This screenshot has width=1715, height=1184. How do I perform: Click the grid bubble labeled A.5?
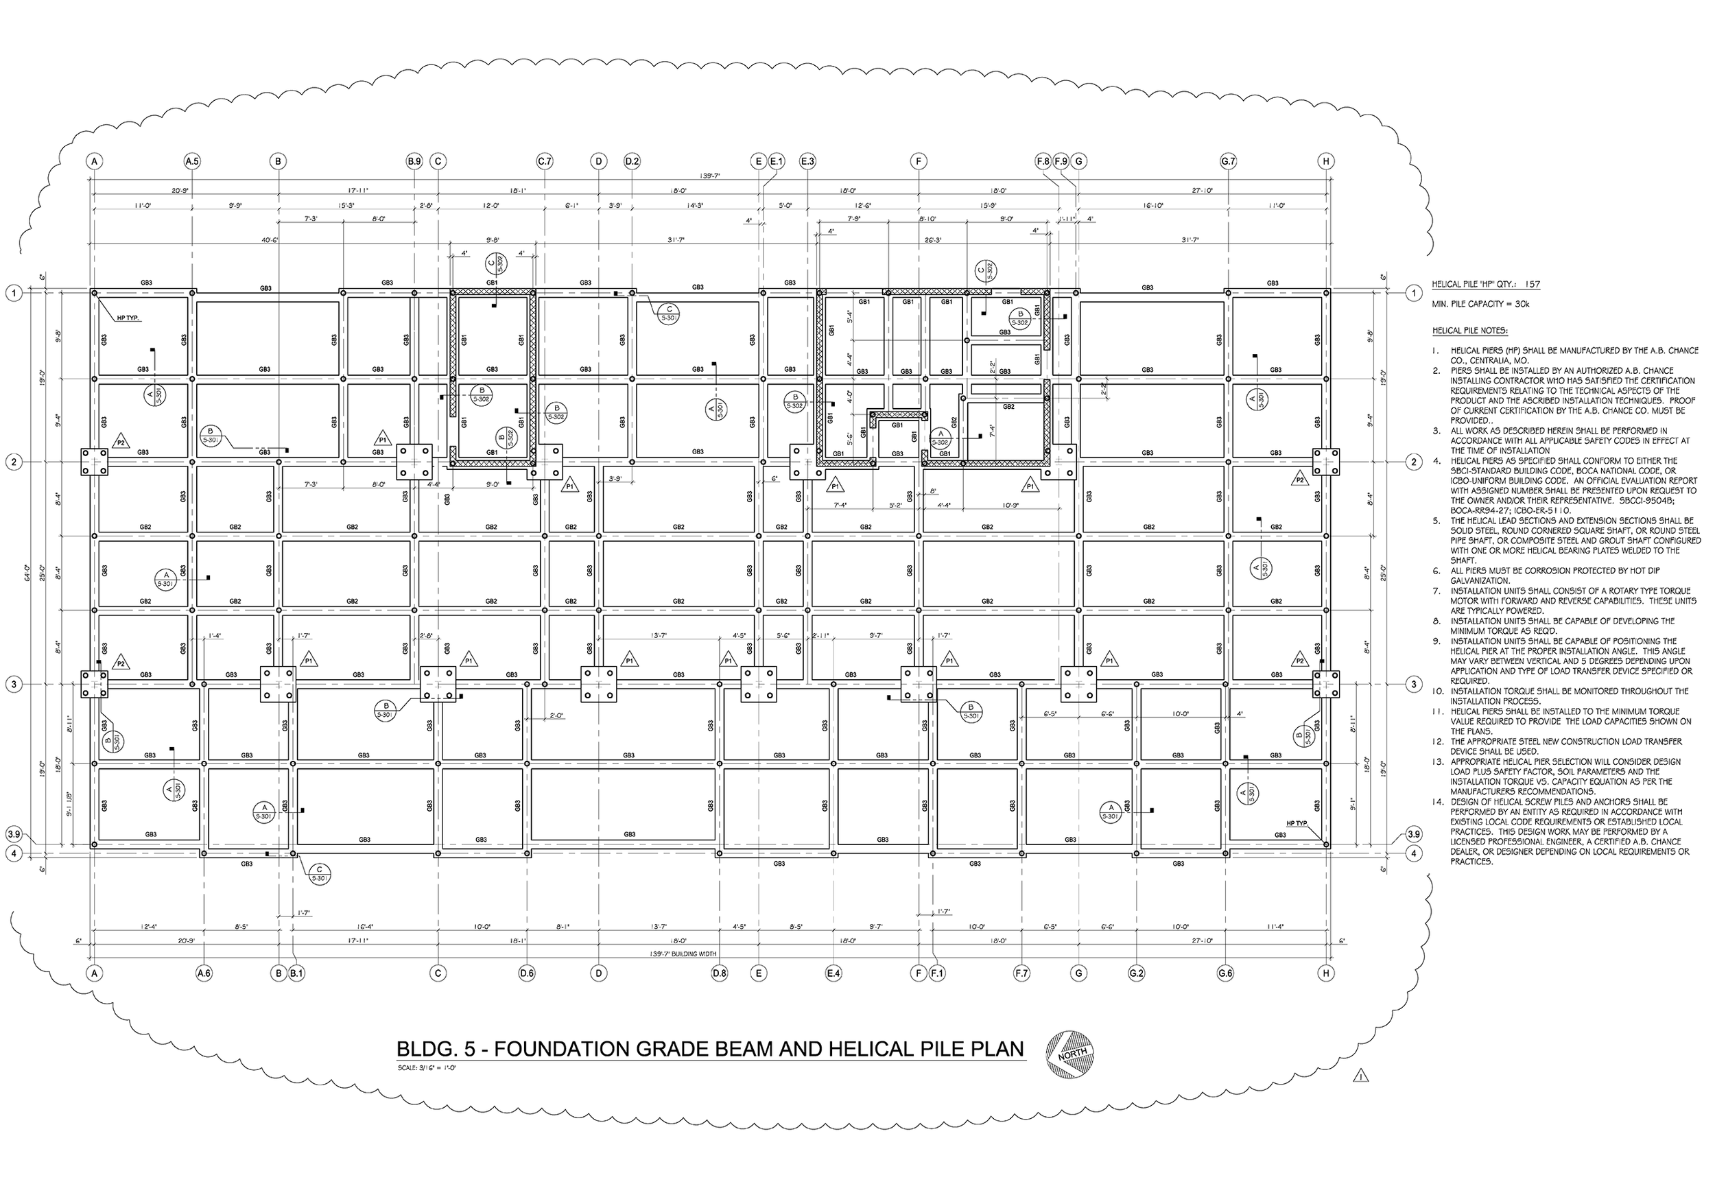(192, 161)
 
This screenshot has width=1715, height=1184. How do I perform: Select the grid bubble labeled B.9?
(414, 161)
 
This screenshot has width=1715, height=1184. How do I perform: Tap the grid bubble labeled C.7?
(545, 161)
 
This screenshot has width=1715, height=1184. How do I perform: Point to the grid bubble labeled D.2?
(632, 161)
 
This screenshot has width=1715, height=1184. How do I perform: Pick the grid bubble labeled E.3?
(808, 161)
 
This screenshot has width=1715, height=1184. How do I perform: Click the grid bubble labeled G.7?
(1229, 161)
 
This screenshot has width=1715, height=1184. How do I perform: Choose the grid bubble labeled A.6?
(204, 973)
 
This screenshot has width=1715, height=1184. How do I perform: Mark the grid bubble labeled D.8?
(719, 973)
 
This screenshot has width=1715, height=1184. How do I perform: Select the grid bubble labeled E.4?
(833, 973)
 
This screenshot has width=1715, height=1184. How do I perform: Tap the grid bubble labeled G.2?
(1137, 973)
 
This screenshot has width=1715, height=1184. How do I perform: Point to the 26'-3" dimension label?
(932, 240)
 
